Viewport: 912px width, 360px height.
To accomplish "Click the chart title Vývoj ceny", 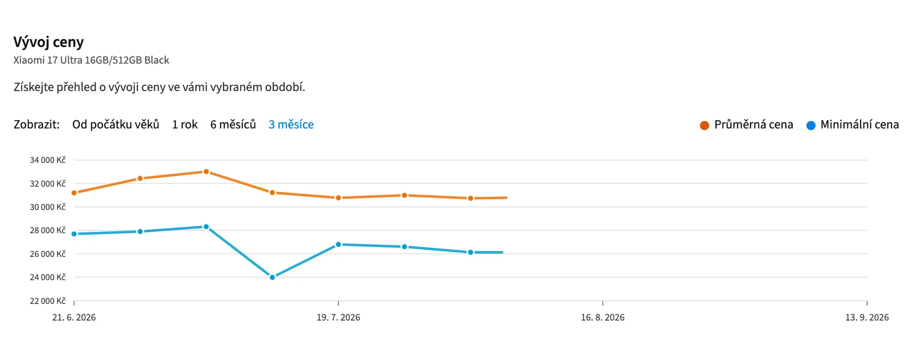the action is click(48, 42).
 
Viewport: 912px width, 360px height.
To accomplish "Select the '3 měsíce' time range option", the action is click(291, 124).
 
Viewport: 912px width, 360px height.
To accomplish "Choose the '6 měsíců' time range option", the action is click(233, 124).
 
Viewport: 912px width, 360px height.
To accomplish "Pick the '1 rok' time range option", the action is click(185, 124).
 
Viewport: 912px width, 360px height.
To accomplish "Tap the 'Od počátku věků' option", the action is click(115, 124).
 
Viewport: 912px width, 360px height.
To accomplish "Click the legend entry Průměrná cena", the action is click(746, 124).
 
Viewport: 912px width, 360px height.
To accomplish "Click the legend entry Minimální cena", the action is click(853, 124).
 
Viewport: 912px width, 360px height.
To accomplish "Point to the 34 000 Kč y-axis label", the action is click(47, 160).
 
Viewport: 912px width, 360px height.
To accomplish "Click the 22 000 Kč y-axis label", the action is click(47, 301).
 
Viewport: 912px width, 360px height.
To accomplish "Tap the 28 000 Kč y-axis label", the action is click(47, 230).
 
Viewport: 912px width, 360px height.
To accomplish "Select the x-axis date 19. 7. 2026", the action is click(338, 317).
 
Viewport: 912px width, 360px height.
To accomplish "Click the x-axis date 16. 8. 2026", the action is click(603, 317).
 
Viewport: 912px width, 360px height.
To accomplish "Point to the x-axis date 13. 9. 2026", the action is click(867, 317).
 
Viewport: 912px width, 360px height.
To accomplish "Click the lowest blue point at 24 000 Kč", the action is click(272, 277).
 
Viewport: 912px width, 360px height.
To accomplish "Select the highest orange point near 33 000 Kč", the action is click(206, 172).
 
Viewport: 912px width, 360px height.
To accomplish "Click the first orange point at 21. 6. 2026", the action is click(74, 193).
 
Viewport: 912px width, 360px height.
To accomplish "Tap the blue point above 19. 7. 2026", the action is click(338, 245).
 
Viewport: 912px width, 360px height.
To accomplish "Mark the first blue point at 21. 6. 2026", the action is click(74, 234).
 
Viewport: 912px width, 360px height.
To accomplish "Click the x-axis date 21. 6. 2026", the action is click(74, 317).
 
